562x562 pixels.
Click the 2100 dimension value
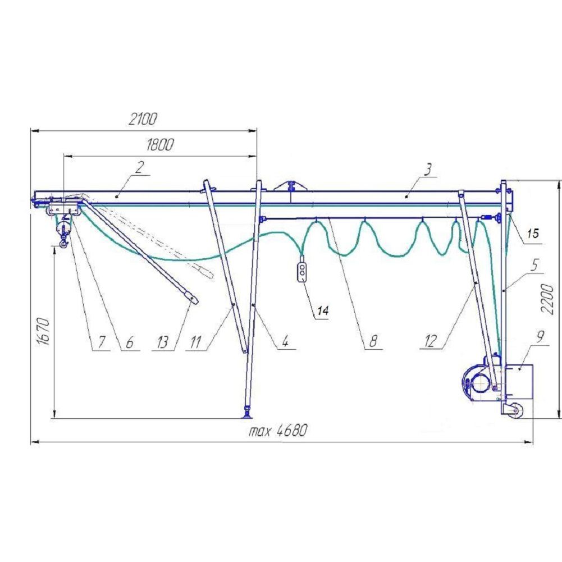pos(143,119)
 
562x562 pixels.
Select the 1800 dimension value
pos(160,144)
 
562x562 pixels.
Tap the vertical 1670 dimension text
pos(43,331)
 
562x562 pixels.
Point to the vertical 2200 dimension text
pos(547,299)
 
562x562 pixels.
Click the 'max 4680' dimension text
pos(278,430)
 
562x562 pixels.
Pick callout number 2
pos(140,167)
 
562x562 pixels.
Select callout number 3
pos(428,169)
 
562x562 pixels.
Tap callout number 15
pos(533,234)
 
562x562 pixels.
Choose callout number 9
pos(541,336)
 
